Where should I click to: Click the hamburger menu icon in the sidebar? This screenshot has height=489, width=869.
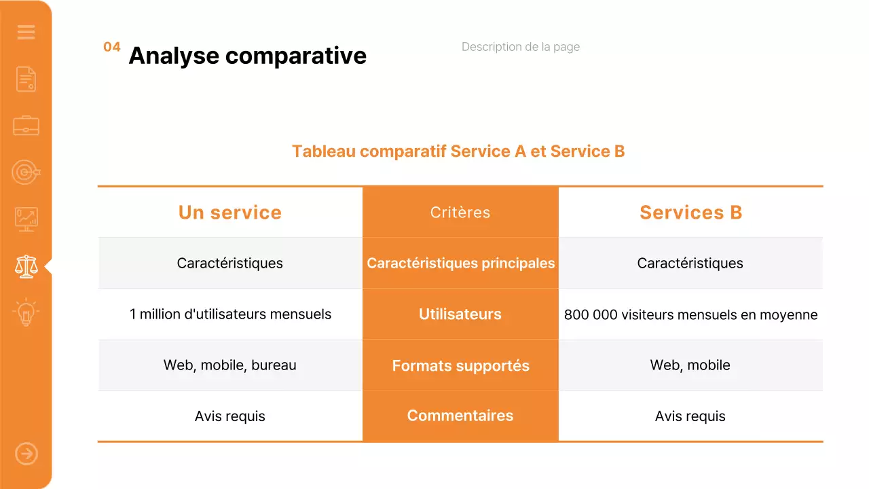(26, 32)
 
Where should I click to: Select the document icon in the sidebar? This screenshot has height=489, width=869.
(26, 79)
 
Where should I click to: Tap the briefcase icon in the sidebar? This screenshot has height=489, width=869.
(26, 126)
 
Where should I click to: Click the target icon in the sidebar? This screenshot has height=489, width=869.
(26, 173)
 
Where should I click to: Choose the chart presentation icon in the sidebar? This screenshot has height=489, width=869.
(26, 219)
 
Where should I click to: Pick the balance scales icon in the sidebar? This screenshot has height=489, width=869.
(26, 266)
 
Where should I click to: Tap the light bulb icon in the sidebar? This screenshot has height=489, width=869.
(26, 312)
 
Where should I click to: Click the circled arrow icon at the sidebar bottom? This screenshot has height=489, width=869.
(26, 454)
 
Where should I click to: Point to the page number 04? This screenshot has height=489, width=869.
(112, 47)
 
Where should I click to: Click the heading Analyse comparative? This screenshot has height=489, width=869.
(247, 56)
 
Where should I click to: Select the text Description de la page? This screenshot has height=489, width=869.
(520, 47)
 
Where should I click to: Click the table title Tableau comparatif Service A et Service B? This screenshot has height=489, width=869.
(458, 151)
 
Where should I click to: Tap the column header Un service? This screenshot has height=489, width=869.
(229, 213)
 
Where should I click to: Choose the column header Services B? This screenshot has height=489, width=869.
(690, 213)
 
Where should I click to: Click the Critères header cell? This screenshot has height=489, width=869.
(460, 213)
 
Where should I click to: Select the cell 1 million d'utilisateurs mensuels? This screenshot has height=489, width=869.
(230, 314)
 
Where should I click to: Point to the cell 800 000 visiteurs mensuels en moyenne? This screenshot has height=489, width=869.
(690, 314)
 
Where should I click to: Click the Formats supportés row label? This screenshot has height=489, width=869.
(460, 365)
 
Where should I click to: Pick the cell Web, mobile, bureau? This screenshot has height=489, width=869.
(230, 365)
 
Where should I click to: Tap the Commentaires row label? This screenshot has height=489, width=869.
(460, 416)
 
